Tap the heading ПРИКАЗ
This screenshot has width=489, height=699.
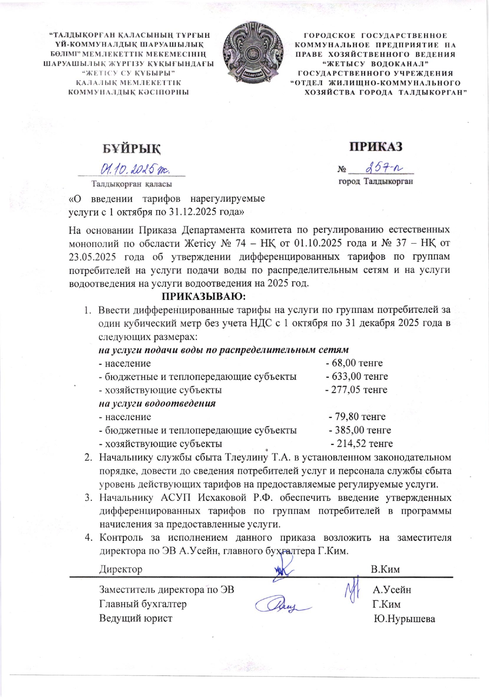click(376, 146)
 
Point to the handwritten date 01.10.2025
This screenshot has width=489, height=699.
click(135, 169)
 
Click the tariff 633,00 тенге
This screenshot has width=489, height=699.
click(357, 376)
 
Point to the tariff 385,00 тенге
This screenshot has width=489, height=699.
click(360, 430)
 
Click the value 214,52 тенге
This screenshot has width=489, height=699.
click(362, 444)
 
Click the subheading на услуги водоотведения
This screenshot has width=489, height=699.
click(157, 403)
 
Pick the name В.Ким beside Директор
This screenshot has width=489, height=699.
click(385, 569)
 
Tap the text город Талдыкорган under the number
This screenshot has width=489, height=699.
click(376, 182)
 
